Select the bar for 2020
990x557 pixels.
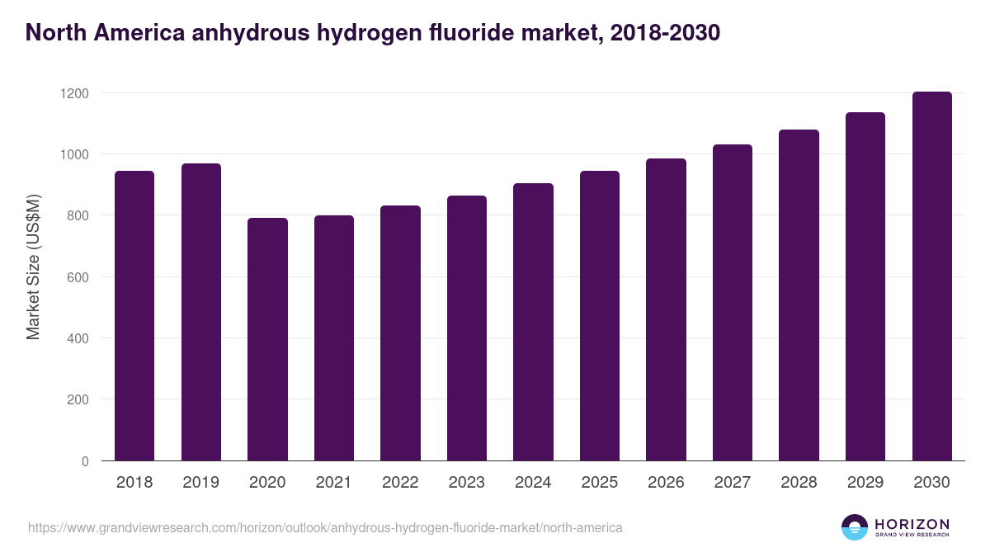tap(267, 339)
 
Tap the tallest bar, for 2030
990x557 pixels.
tap(931, 276)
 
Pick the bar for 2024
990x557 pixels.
tap(533, 322)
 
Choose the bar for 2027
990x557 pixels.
tap(733, 302)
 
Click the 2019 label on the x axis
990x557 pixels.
tap(200, 482)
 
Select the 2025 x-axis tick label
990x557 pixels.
tap(599, 482)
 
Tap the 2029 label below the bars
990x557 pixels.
tap(865, 482)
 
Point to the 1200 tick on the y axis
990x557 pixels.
tap(73, 93)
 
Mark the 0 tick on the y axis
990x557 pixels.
tap(85, 461)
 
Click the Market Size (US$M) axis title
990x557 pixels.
tap(33, 267)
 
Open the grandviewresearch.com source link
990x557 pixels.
tap(325, 526)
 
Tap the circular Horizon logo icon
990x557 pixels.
tap(854, 526)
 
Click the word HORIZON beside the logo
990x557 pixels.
tap(912, 523)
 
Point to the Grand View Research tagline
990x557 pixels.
tap(912, 535)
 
